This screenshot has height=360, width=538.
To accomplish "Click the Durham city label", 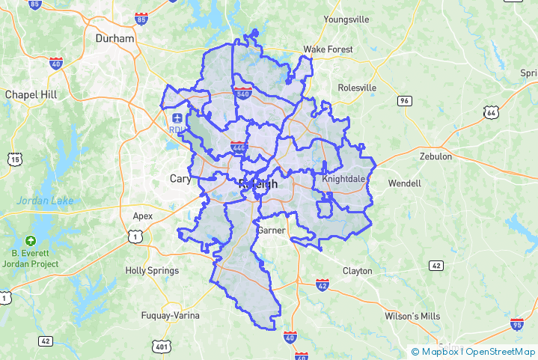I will pos(114,38).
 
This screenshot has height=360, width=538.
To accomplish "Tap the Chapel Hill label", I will pos(31,94).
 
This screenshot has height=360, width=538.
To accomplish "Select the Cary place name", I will pos(180,179).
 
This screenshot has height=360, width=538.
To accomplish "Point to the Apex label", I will pos(142,216).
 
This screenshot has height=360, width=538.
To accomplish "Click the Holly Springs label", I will pos(152,270).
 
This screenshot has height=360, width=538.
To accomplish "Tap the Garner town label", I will pos(271,231).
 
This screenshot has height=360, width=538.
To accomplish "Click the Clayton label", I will pos(357,270).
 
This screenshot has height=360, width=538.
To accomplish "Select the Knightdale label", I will pos(343,180).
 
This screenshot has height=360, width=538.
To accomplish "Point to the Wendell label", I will pos(405,183).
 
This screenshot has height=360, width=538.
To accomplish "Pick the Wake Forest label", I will pos(328,49).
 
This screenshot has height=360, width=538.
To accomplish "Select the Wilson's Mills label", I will pos(412,316).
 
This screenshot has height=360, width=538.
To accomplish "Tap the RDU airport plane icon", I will pos(177,118).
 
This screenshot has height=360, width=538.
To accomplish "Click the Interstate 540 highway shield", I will pos(242,94).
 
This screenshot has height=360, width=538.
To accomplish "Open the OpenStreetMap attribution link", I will pos(501,351).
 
